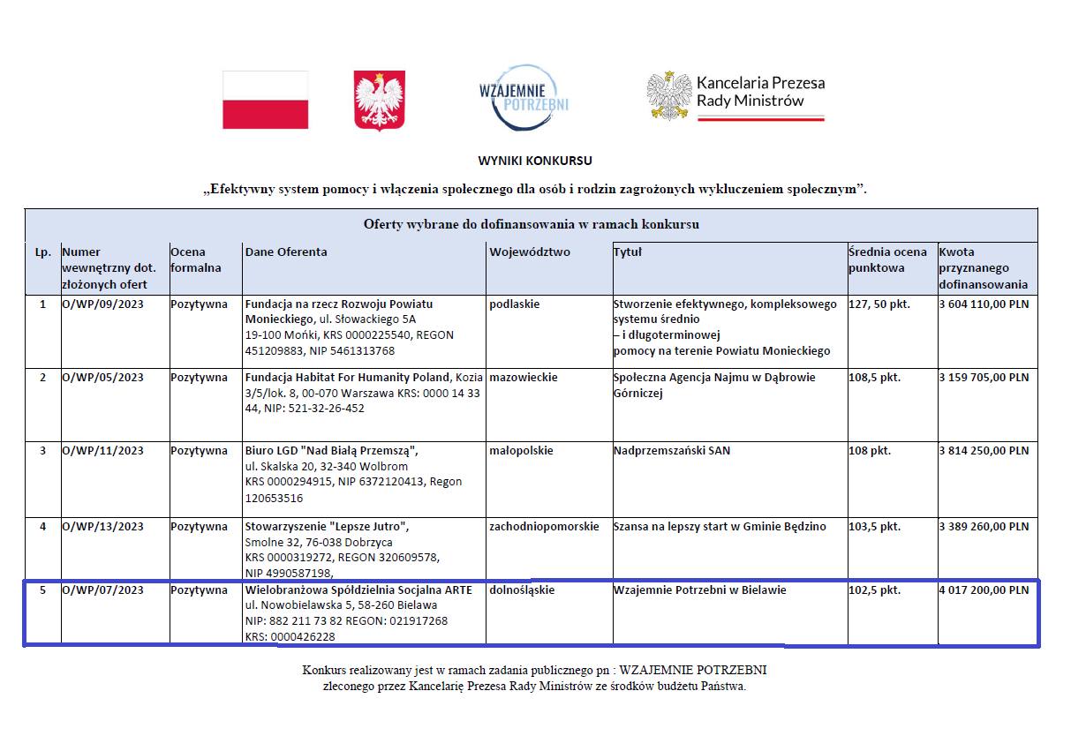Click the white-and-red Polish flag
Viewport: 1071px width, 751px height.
pyautogui.click(x=265, y=100)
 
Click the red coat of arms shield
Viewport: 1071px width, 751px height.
pyautogui.click(x=379, y=101)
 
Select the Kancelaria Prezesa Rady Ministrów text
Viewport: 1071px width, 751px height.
pyautogui.click(x=760, y=92)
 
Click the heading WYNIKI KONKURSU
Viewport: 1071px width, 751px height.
pyautogui.click(x=535, y=161)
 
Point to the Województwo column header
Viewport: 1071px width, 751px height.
pyautogui.click(x=530, y=252)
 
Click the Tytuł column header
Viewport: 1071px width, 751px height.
pyautogui.click(x=628, y=252)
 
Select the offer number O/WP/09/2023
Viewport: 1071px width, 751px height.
pyautogui.click(x=102, y=304)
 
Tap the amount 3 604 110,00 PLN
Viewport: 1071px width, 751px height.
pyautogui.click(x=984, y=304)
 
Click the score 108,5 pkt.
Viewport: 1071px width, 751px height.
pyautogui.click(x=874, y=377)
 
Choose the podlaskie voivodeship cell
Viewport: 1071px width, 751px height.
pyautogui.click(x=514, y=304)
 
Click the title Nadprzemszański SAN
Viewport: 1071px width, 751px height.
pyautogui.click(x=672, y=450)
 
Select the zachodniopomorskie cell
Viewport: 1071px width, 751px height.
pyautogui.click(x=543, y=526)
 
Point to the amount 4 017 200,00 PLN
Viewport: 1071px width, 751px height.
pyautogui.click(x=984, y=590)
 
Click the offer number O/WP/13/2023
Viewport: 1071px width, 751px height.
pyautogui.click(x=102, y=526)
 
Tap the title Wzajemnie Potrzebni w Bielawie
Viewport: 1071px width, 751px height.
pyautogui.click(x=699, y=590)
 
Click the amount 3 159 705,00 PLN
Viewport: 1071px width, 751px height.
pyautogui.click(x=984, y=377)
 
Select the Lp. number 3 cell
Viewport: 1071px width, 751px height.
pyautogui.click(x=42, y=450)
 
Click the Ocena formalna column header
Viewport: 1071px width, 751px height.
pyautogui.click(x=196, y=259)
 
